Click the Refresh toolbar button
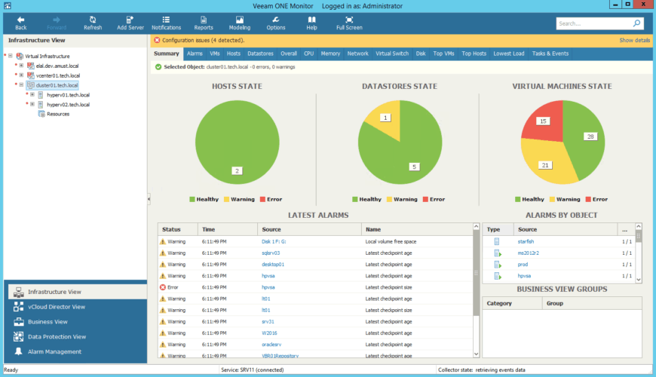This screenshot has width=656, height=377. (x=93, y=23)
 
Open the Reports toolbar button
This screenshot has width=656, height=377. (x=204, y=23)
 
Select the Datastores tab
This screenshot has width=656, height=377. (x=260, y=54)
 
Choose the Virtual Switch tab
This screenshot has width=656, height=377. (x=392, y=54)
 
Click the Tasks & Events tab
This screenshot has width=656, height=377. (x=550, y=54)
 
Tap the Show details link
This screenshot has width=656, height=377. (x=634, y=40)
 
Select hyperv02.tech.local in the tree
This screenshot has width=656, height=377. (x=68, y=105)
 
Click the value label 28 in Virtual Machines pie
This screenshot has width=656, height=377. (x=590, y=136)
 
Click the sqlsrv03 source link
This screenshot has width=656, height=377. (x=271, y=253)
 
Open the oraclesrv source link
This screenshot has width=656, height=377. (x=271, y=344)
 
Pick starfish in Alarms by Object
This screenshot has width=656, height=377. (x=526, y=241)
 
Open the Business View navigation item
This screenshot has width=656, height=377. (x=48, y=322)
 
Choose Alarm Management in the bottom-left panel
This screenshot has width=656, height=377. (x=54, y=351)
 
